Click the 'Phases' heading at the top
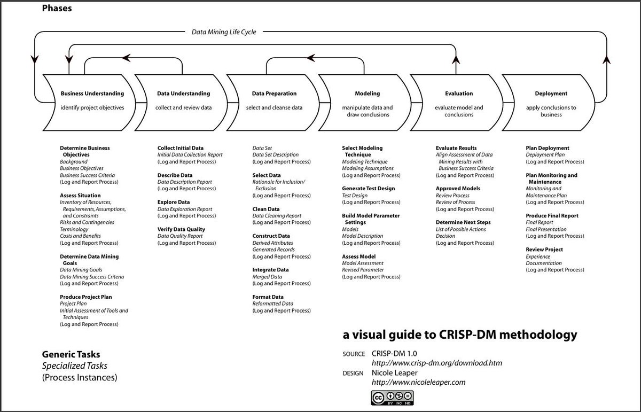click(x=57, y=8)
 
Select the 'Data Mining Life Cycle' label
click(x=224, y=32)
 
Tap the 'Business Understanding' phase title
click(x=92, y=94)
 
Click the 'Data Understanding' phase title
click(x=183, y=94)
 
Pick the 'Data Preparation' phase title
click(x=274, y=94)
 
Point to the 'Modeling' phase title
click(x=367, y=94)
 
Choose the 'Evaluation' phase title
click(x=459, y=94)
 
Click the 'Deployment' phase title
click(x=551, y=94)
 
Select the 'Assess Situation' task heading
click(x=80, y=196)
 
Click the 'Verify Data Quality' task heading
click(x=181, y=229)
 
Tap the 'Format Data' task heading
click(x=268, y=297)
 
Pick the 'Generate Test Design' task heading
click(x=369, y=189)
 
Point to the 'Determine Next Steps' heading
click(x=463, y=222)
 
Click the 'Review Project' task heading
click(x=544, y=250)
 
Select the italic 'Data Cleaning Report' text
click(x=277, y=216)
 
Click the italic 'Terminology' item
click(x=74, y=229)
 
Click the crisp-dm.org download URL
click(x=436, y=363)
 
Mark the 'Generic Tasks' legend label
click(x=71, y=354)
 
